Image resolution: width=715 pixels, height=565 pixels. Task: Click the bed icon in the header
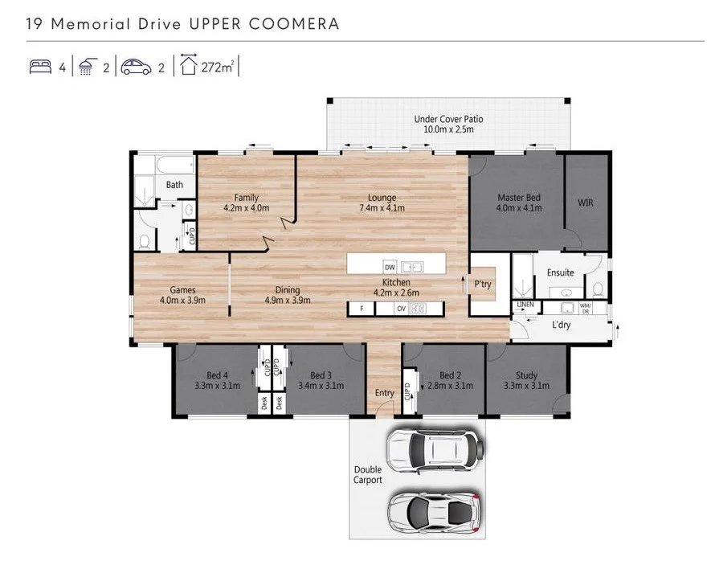tap(40, 68)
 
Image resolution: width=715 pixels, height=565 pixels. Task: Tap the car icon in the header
tap(136, 68)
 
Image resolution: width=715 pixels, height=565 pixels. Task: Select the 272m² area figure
tap(216, 68)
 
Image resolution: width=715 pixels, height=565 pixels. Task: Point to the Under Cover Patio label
tap(448, 120)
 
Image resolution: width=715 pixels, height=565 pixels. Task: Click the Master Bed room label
tap(518, 198)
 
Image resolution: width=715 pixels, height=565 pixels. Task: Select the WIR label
tap(585, 203)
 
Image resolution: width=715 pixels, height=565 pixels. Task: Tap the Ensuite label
tap(561, 272)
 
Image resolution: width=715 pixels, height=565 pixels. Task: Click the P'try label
tap(483, 284)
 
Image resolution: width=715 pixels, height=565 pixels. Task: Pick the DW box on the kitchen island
tap(390, 267)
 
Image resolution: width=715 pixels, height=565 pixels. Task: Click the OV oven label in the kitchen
tap(400, 308)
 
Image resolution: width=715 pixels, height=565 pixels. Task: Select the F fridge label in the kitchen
tap(362, 308)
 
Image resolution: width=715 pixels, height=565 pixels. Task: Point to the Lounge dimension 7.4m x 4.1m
tap(382, 208)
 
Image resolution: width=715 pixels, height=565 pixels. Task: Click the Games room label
tap(182, 290)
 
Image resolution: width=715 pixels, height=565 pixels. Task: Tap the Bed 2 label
tap(450, 375)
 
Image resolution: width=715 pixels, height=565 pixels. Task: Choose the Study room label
tap(526, 375)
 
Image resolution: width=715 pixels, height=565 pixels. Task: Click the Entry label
tap(385, 393)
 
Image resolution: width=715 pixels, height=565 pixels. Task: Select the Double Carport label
tap(368, 475)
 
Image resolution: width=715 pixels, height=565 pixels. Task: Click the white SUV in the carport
tap(435, 449)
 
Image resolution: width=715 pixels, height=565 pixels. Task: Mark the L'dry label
tap(562, 325)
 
